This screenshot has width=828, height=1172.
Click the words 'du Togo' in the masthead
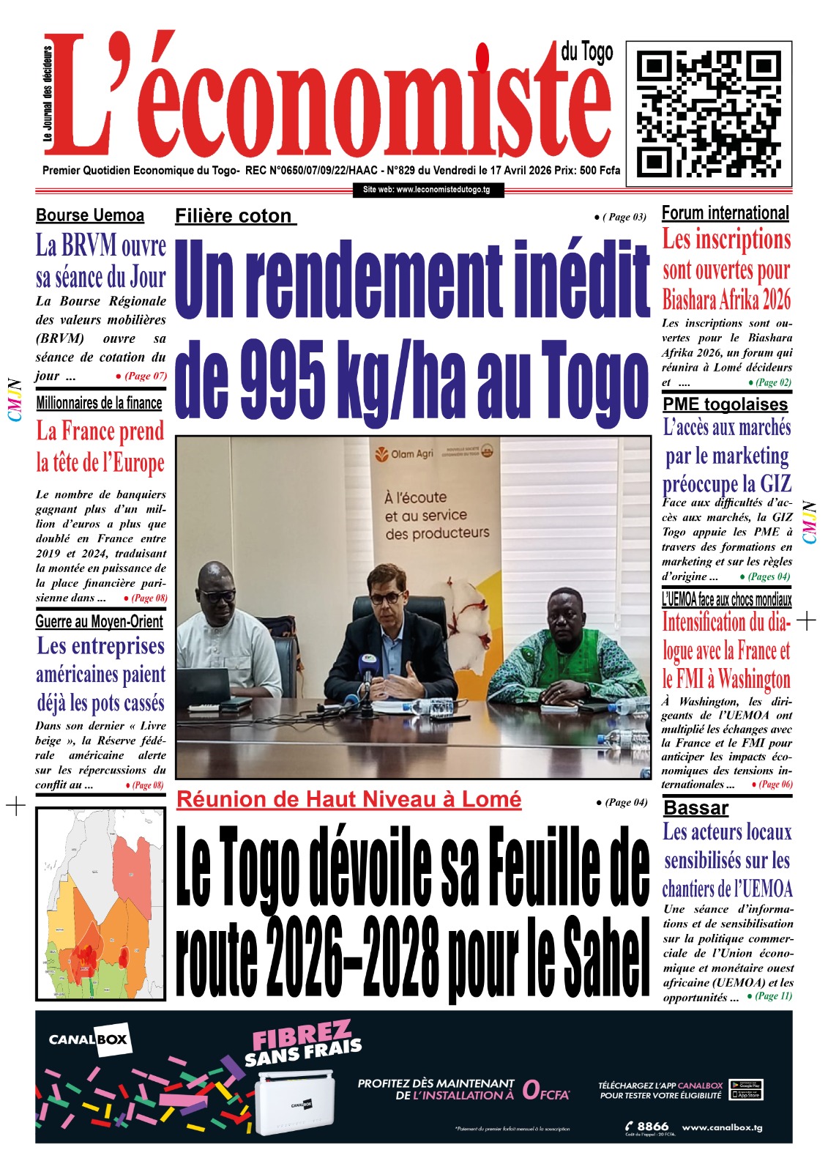(x=587, y=52)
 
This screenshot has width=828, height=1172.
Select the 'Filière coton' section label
(x=234, y=217)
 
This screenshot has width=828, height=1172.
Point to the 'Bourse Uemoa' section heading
(x=90, y=215)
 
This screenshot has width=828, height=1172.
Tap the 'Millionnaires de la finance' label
(x=99, y=403)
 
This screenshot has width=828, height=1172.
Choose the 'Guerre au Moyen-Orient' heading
(x=100, y=622)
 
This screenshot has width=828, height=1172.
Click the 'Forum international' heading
(x=725, y=213)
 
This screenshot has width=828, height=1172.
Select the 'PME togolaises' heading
(x=725, y=404)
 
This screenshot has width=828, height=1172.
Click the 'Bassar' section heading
(x=695, y=808)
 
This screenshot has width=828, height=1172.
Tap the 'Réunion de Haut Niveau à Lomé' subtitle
(x=349, y=799)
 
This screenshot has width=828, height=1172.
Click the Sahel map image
(x=100, y=904)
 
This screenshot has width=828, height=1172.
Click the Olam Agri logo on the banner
(x=404, y=454)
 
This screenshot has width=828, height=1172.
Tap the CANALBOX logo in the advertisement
(x=88, y=1039)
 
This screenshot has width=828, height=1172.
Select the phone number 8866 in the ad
(x=652, y=1126)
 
